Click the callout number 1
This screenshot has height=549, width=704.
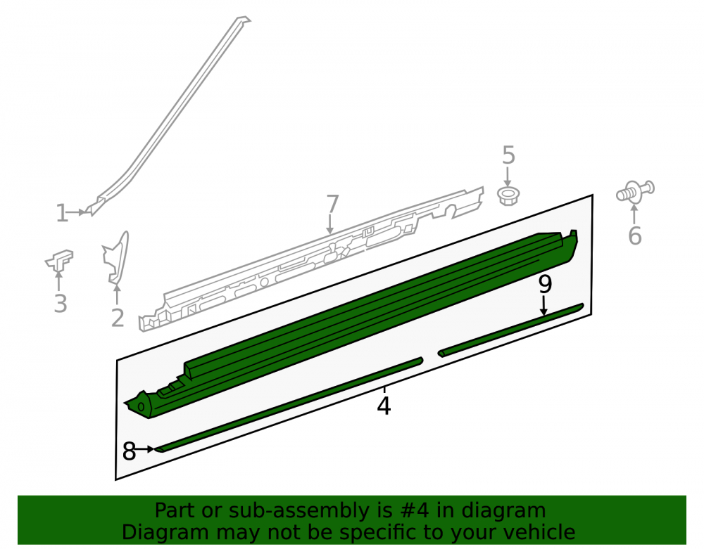[61, 213]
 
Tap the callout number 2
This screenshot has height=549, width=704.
[117, 318]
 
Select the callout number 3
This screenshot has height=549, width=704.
[61, 304]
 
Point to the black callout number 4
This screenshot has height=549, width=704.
[384, 406]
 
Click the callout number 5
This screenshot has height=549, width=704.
[508, 155]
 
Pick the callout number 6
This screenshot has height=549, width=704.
[634, 235]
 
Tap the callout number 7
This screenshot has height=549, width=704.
[332, 204]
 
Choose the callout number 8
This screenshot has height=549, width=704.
[129, 451]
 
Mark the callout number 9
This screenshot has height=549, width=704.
[545, 284]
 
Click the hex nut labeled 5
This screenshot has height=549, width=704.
[508, 196]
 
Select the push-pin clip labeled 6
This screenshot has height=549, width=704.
[635, 191]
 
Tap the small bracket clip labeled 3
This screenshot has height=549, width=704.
[60, 260]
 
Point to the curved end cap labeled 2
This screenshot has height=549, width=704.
[116, 258]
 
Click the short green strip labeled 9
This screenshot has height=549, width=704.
[511, 330]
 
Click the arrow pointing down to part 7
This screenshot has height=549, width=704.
[330, 224]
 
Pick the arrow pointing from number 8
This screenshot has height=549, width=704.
[145, 449]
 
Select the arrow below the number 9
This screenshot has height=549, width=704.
[543, 306]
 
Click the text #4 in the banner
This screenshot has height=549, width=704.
[413, 510]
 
